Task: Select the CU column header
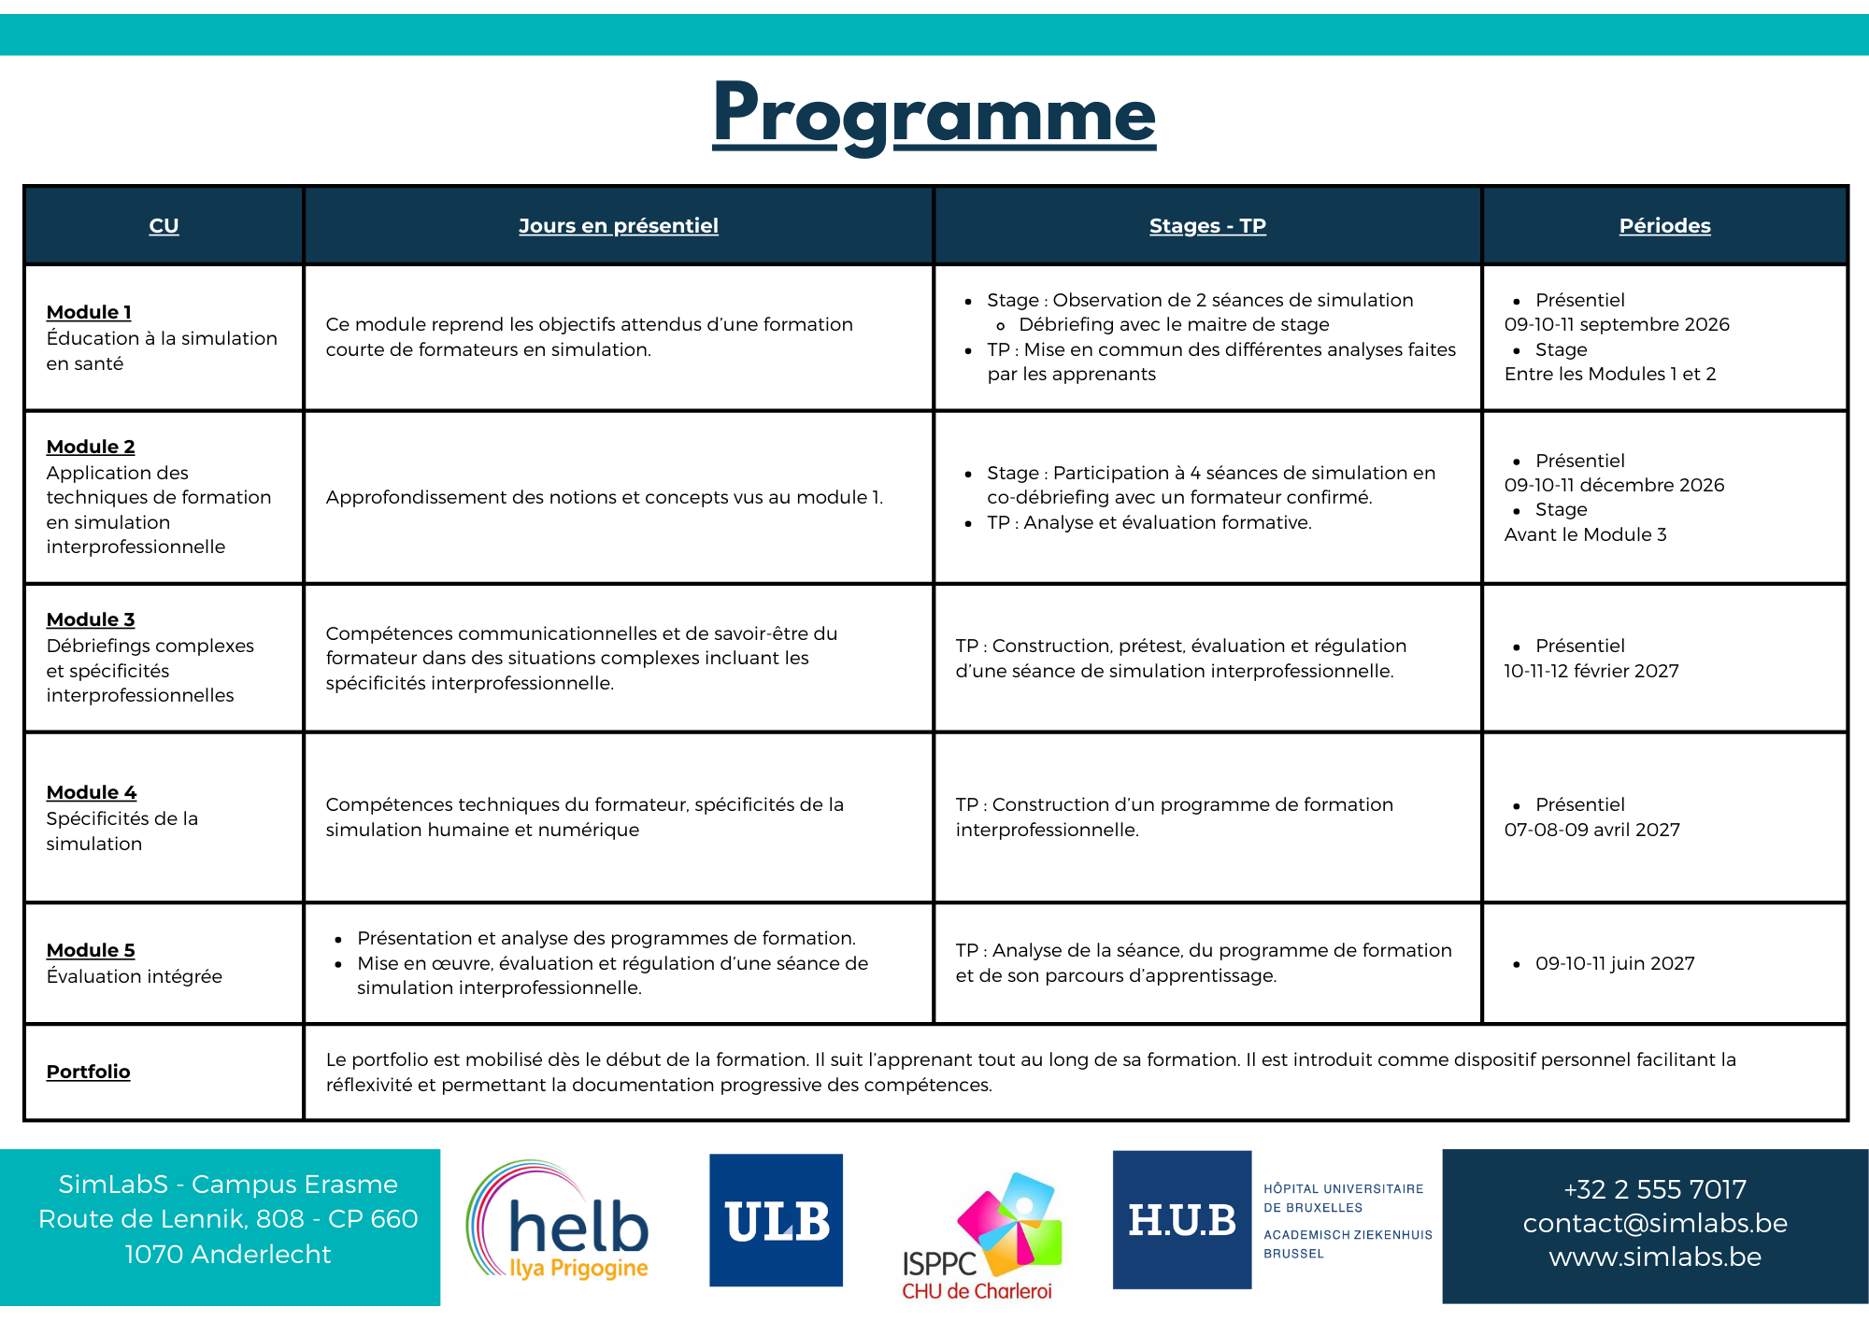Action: coord(164,225)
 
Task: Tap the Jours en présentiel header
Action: coord(619,225)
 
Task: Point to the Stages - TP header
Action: coord(1207,225)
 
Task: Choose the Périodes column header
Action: coord(1664,225)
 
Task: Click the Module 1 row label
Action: coord(89,312)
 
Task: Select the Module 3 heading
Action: coord(91,619)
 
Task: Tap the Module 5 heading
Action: coord(91,950)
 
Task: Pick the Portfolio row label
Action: coord(89,1072)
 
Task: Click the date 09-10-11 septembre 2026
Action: coord(1617,324)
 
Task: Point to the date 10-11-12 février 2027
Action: coord(1591,671)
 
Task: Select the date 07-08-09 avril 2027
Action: coord(1592,830)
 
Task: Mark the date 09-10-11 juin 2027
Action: coord(1615,963)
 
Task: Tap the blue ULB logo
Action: coord(776,1220)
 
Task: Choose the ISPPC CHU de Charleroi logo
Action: coord(980,1236)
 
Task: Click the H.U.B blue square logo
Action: coord(1182,1219)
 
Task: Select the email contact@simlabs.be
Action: coord(1655,1223)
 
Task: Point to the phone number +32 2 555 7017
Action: coord(1655,1189)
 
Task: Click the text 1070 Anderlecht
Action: coord(228,1254)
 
